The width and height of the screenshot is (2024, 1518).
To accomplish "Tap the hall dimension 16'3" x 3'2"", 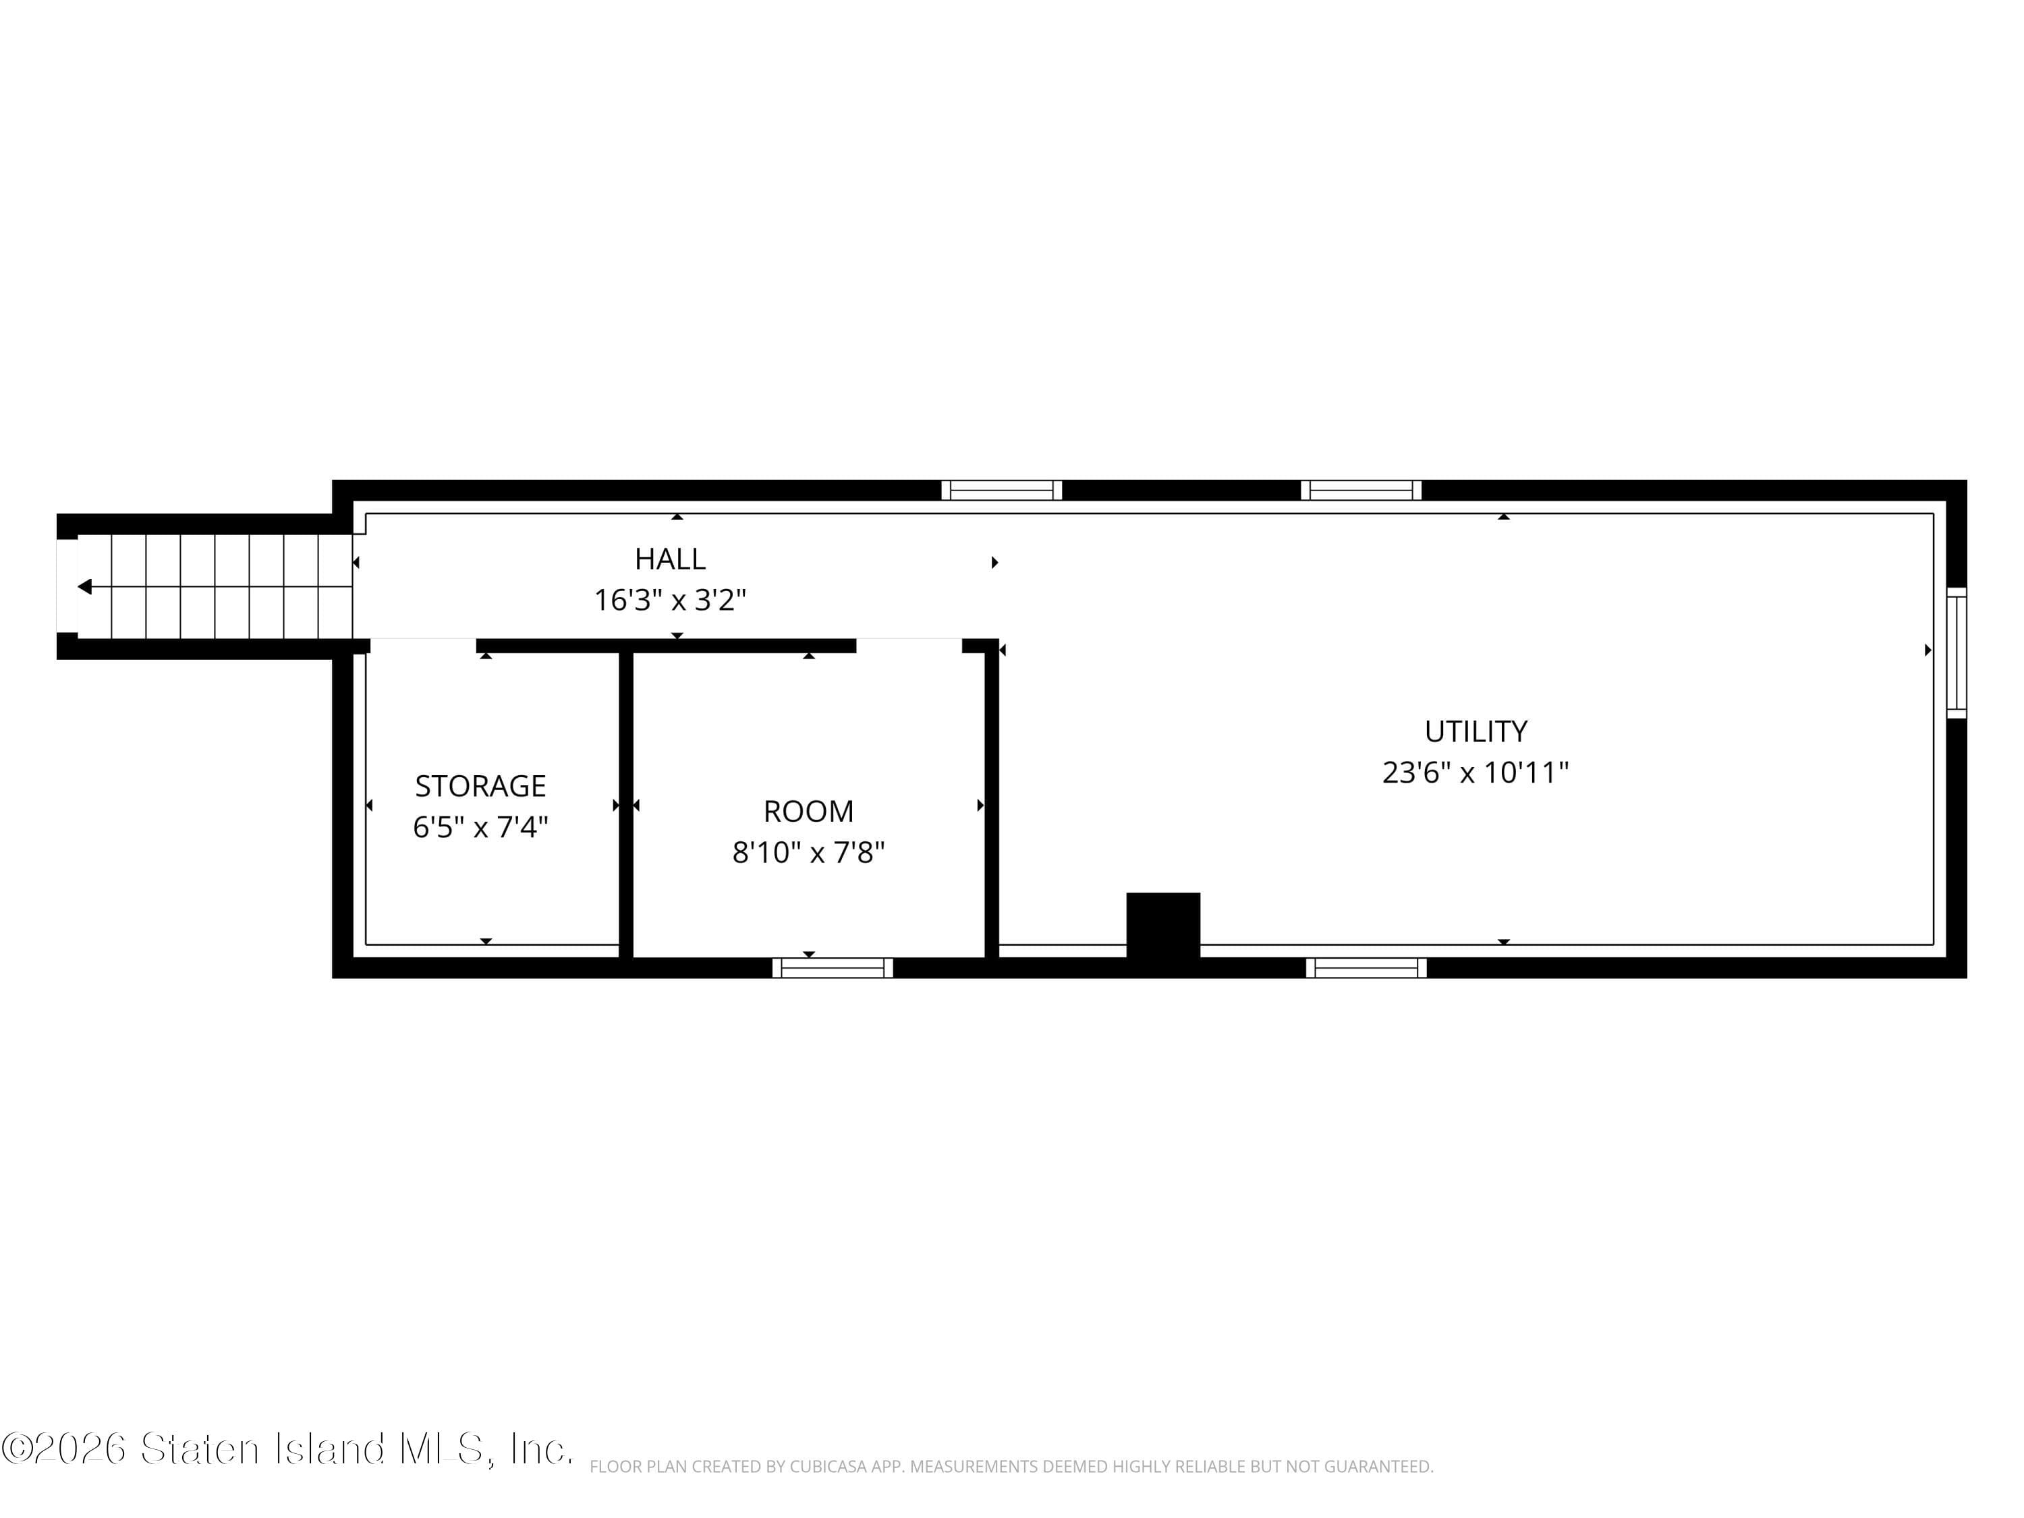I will pos(670,600).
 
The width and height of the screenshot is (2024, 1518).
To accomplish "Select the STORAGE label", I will pos(480,785).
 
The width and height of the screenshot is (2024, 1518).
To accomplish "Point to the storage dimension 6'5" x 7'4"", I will pos(480,827).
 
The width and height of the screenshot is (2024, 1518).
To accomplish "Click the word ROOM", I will pos(808,811).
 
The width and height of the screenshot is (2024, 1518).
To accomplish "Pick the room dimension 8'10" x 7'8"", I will pos(808,853).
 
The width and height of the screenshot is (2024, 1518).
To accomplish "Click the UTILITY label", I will pos(1475,731).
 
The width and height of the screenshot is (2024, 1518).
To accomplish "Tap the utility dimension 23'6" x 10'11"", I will pos(1475,772).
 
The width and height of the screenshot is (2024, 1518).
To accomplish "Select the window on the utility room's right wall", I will pos(1955,652).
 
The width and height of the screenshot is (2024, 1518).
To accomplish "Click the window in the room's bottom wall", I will pos(832,968).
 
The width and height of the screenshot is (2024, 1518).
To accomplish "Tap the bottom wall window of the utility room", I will pos(1366,968).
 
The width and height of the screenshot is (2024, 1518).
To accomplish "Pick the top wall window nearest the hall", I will pos(1001,490).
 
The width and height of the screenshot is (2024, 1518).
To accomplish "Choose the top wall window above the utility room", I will pos(1361,490).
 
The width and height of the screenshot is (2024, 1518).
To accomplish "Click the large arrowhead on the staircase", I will pos(85,586).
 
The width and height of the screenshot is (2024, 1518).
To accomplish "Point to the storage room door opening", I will pos(423,645).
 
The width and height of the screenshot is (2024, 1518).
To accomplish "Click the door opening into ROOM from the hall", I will pos(909,645).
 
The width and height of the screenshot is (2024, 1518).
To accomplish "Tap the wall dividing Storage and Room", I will pos(626,805).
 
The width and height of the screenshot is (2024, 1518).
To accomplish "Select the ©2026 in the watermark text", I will pos(64,1449).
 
